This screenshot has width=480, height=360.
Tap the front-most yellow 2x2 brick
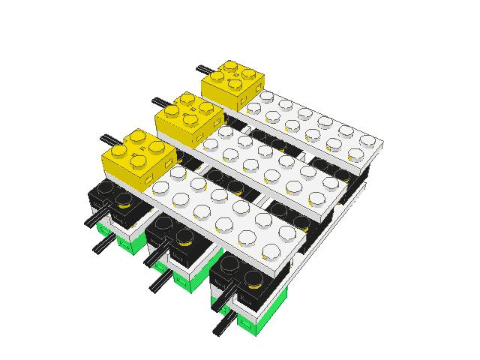[135, 154]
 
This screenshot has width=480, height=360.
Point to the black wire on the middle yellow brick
[160, 102]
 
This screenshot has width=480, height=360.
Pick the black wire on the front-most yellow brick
[108, 139]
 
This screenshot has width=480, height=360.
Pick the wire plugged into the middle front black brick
[154, 257]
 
